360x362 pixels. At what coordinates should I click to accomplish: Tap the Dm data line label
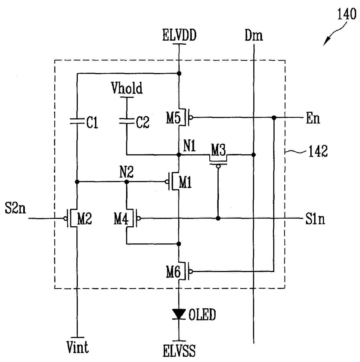coord(254,35)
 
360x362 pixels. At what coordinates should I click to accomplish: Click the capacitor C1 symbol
coord(77,121)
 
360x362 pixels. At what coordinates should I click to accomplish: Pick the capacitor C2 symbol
coord(127,121)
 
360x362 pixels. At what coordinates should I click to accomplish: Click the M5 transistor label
coord(173,118)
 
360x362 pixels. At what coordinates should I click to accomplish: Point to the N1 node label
coord(189,146)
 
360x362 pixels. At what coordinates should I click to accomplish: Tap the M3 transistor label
coord(218,150)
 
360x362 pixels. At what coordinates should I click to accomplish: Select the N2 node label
coord(126,172)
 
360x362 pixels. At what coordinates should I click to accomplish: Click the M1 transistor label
coord(185,182)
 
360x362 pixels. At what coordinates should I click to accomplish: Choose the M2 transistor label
coord(84,219)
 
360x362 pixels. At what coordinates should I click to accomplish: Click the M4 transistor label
coord(121,219)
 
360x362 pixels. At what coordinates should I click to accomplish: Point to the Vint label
coord(78,347)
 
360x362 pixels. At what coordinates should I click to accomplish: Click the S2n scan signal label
coord(15,208)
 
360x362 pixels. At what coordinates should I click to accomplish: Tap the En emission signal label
coord(313,118)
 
